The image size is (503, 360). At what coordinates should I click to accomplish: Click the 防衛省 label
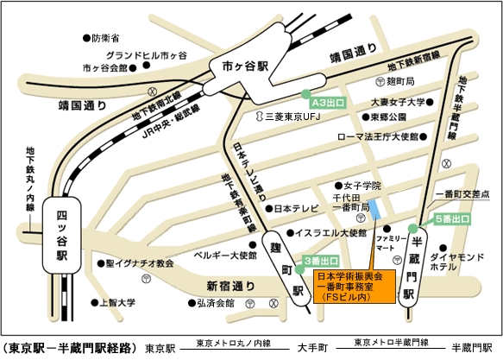click(x=104, y=38)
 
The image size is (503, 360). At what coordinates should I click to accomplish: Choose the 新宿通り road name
click(x=231, y=286)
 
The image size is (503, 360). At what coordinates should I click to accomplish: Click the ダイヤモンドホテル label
click(x=461, y=262)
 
